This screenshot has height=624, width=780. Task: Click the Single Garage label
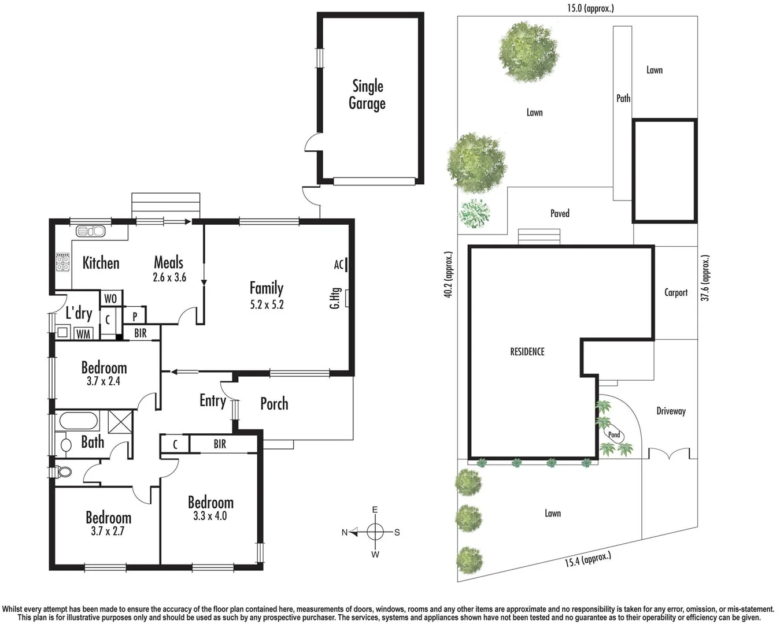(367, 95)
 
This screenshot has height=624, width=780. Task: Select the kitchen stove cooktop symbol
(62, 263)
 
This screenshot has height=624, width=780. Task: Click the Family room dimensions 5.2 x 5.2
(267, 304)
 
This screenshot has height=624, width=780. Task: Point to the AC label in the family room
(339, 265)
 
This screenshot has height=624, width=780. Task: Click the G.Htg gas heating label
(334, 298)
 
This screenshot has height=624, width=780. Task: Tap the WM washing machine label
(83, 333)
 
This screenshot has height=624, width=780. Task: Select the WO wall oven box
(110, 298)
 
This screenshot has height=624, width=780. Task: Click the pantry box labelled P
(135, 316)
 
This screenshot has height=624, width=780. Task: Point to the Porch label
(274, 403)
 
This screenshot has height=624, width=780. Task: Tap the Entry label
(212, 400)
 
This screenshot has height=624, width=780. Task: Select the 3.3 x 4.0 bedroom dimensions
(210, 516)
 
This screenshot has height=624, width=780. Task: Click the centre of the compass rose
(375, 532)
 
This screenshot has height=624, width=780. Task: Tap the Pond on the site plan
(614, 434)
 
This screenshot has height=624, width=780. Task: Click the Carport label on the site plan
(675, 292)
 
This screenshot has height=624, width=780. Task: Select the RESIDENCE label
(527, 351)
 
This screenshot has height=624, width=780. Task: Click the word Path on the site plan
(623, 98)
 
